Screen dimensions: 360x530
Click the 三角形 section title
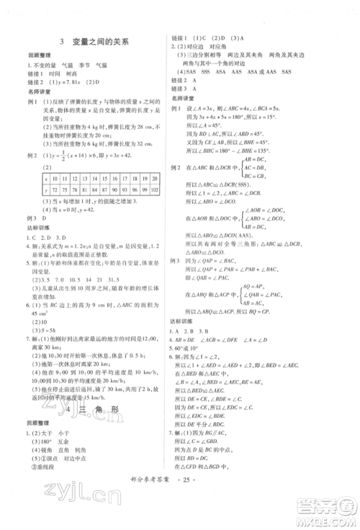[98, 410]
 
